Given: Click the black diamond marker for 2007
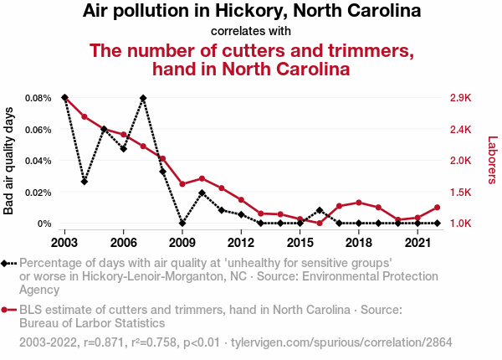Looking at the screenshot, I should [143, 98].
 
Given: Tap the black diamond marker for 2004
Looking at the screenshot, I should [85, 182].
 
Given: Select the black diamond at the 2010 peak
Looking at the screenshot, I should [202, 193].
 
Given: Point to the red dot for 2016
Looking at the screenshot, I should [320, 224].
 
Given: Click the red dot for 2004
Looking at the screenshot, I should [85, 116].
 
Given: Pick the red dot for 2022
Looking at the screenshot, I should [437, 208].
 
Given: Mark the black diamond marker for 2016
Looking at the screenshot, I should [320, 210].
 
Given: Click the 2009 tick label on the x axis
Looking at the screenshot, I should [182, 242].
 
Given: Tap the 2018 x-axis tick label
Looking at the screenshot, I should [358, 242].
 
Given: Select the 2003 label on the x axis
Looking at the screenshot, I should [64, 242].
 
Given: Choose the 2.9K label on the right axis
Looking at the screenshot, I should [461, 98].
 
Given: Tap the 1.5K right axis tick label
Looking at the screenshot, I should [461, 192].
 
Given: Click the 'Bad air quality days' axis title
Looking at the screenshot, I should [9, 161].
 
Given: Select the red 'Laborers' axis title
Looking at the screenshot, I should [492, 161].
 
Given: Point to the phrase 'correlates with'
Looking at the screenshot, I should [251, 31].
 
